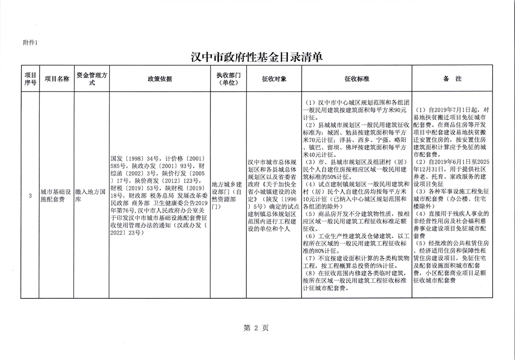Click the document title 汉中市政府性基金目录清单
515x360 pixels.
point(257,57)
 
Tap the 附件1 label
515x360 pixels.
point(31,43)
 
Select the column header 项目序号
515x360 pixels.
point(30,79)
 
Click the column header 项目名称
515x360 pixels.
point(57,79)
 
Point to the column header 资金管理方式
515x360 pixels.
point(92,79)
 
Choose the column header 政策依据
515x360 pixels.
point(160,79)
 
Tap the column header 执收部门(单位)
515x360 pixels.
point(229,79)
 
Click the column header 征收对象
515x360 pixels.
point(274,79)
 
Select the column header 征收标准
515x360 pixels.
point(357,79)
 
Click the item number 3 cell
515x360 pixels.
point(30,196)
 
